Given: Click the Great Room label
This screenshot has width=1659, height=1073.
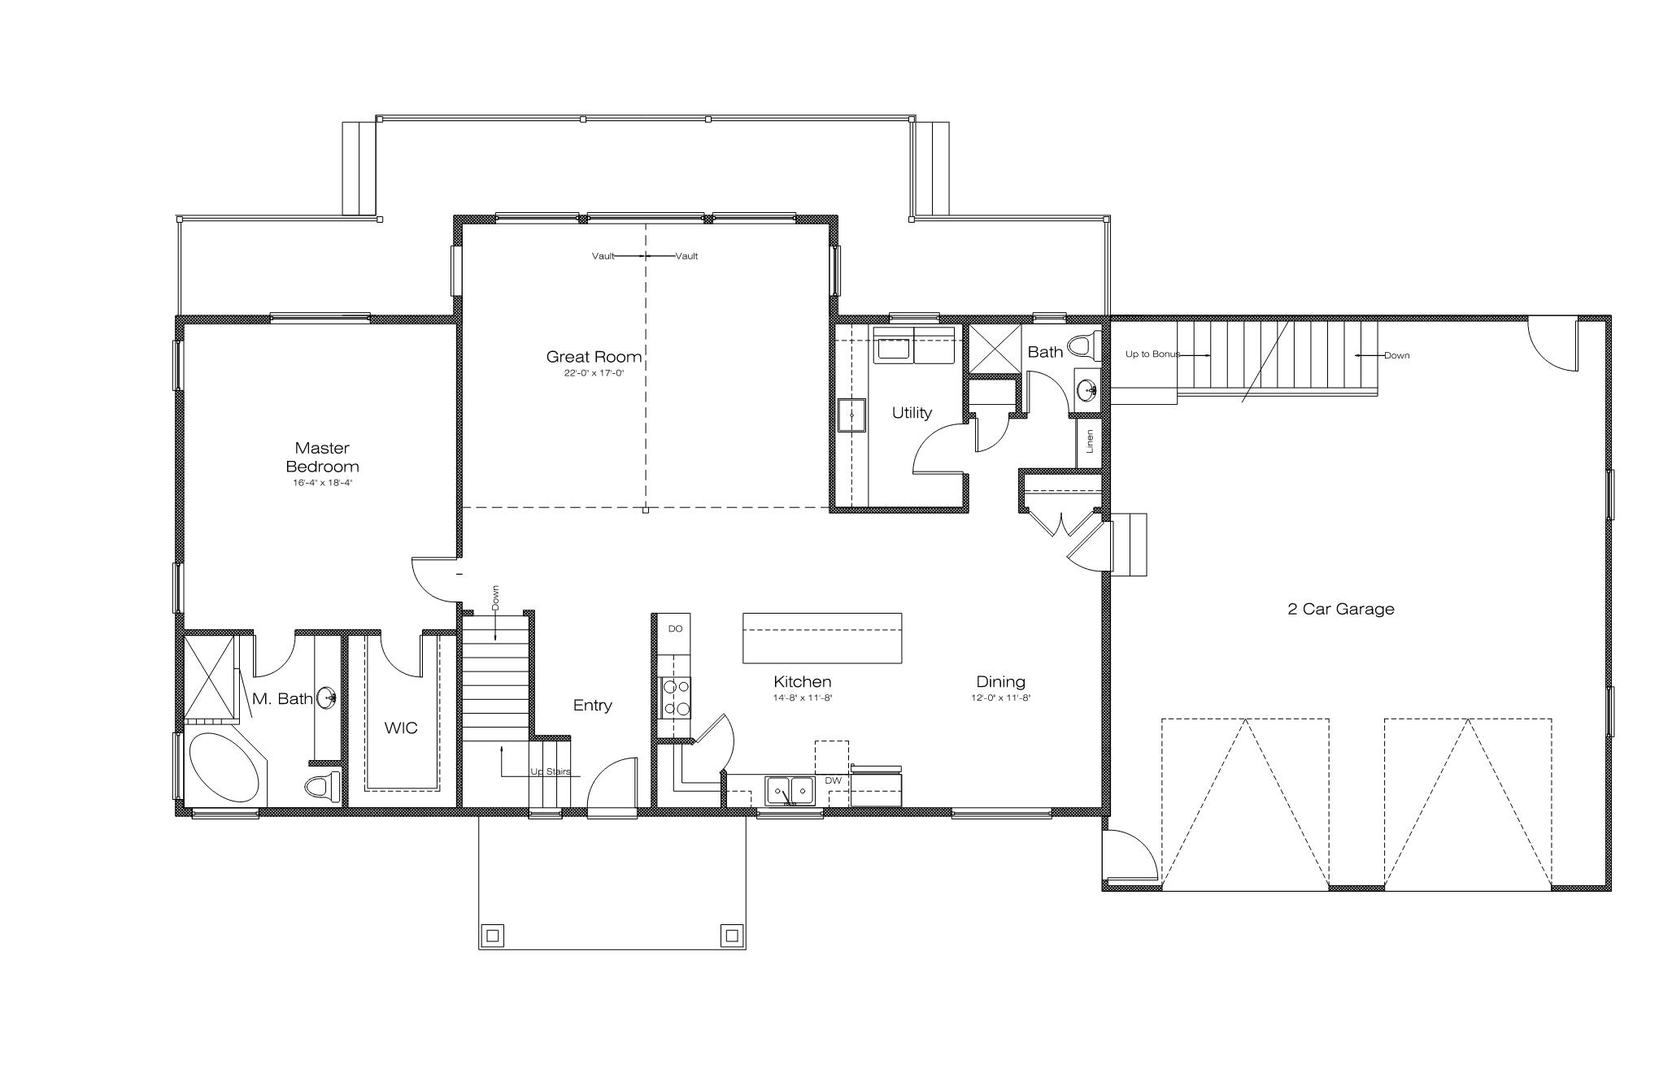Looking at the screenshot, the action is tap(594, 357).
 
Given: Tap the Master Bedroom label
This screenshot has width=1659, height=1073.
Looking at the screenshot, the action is tap(322, 458).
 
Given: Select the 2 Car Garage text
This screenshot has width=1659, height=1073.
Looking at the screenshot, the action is tap(1341, 609).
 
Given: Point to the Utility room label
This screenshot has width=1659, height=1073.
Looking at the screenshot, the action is tap(912, 413).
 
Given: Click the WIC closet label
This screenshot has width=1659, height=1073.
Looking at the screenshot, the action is tap(401, 728).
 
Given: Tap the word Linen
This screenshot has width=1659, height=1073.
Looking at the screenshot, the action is tap(1090, 441).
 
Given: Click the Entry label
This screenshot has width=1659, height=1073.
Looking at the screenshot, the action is tap(592, 706).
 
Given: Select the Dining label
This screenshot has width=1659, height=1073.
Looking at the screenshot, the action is tap(1000, 682).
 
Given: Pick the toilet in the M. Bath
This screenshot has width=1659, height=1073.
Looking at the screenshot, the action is tap(323, 787).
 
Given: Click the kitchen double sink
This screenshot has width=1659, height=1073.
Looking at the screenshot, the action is tap(790, 790).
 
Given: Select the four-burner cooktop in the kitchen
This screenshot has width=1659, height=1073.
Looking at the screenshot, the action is tap(676, 697).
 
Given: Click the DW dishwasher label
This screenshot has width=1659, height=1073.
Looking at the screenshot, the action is tap(833, 781).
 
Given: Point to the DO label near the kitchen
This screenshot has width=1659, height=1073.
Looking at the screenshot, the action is tap(675, 629).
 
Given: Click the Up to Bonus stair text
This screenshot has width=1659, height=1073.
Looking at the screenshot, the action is tap(1152, 354).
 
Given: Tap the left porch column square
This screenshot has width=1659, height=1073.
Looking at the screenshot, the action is tap(492, 934).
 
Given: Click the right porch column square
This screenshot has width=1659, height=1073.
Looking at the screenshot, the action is tap(730, 934).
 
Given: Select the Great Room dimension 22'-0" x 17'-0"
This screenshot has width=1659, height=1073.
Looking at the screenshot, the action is tap(594, 373).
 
